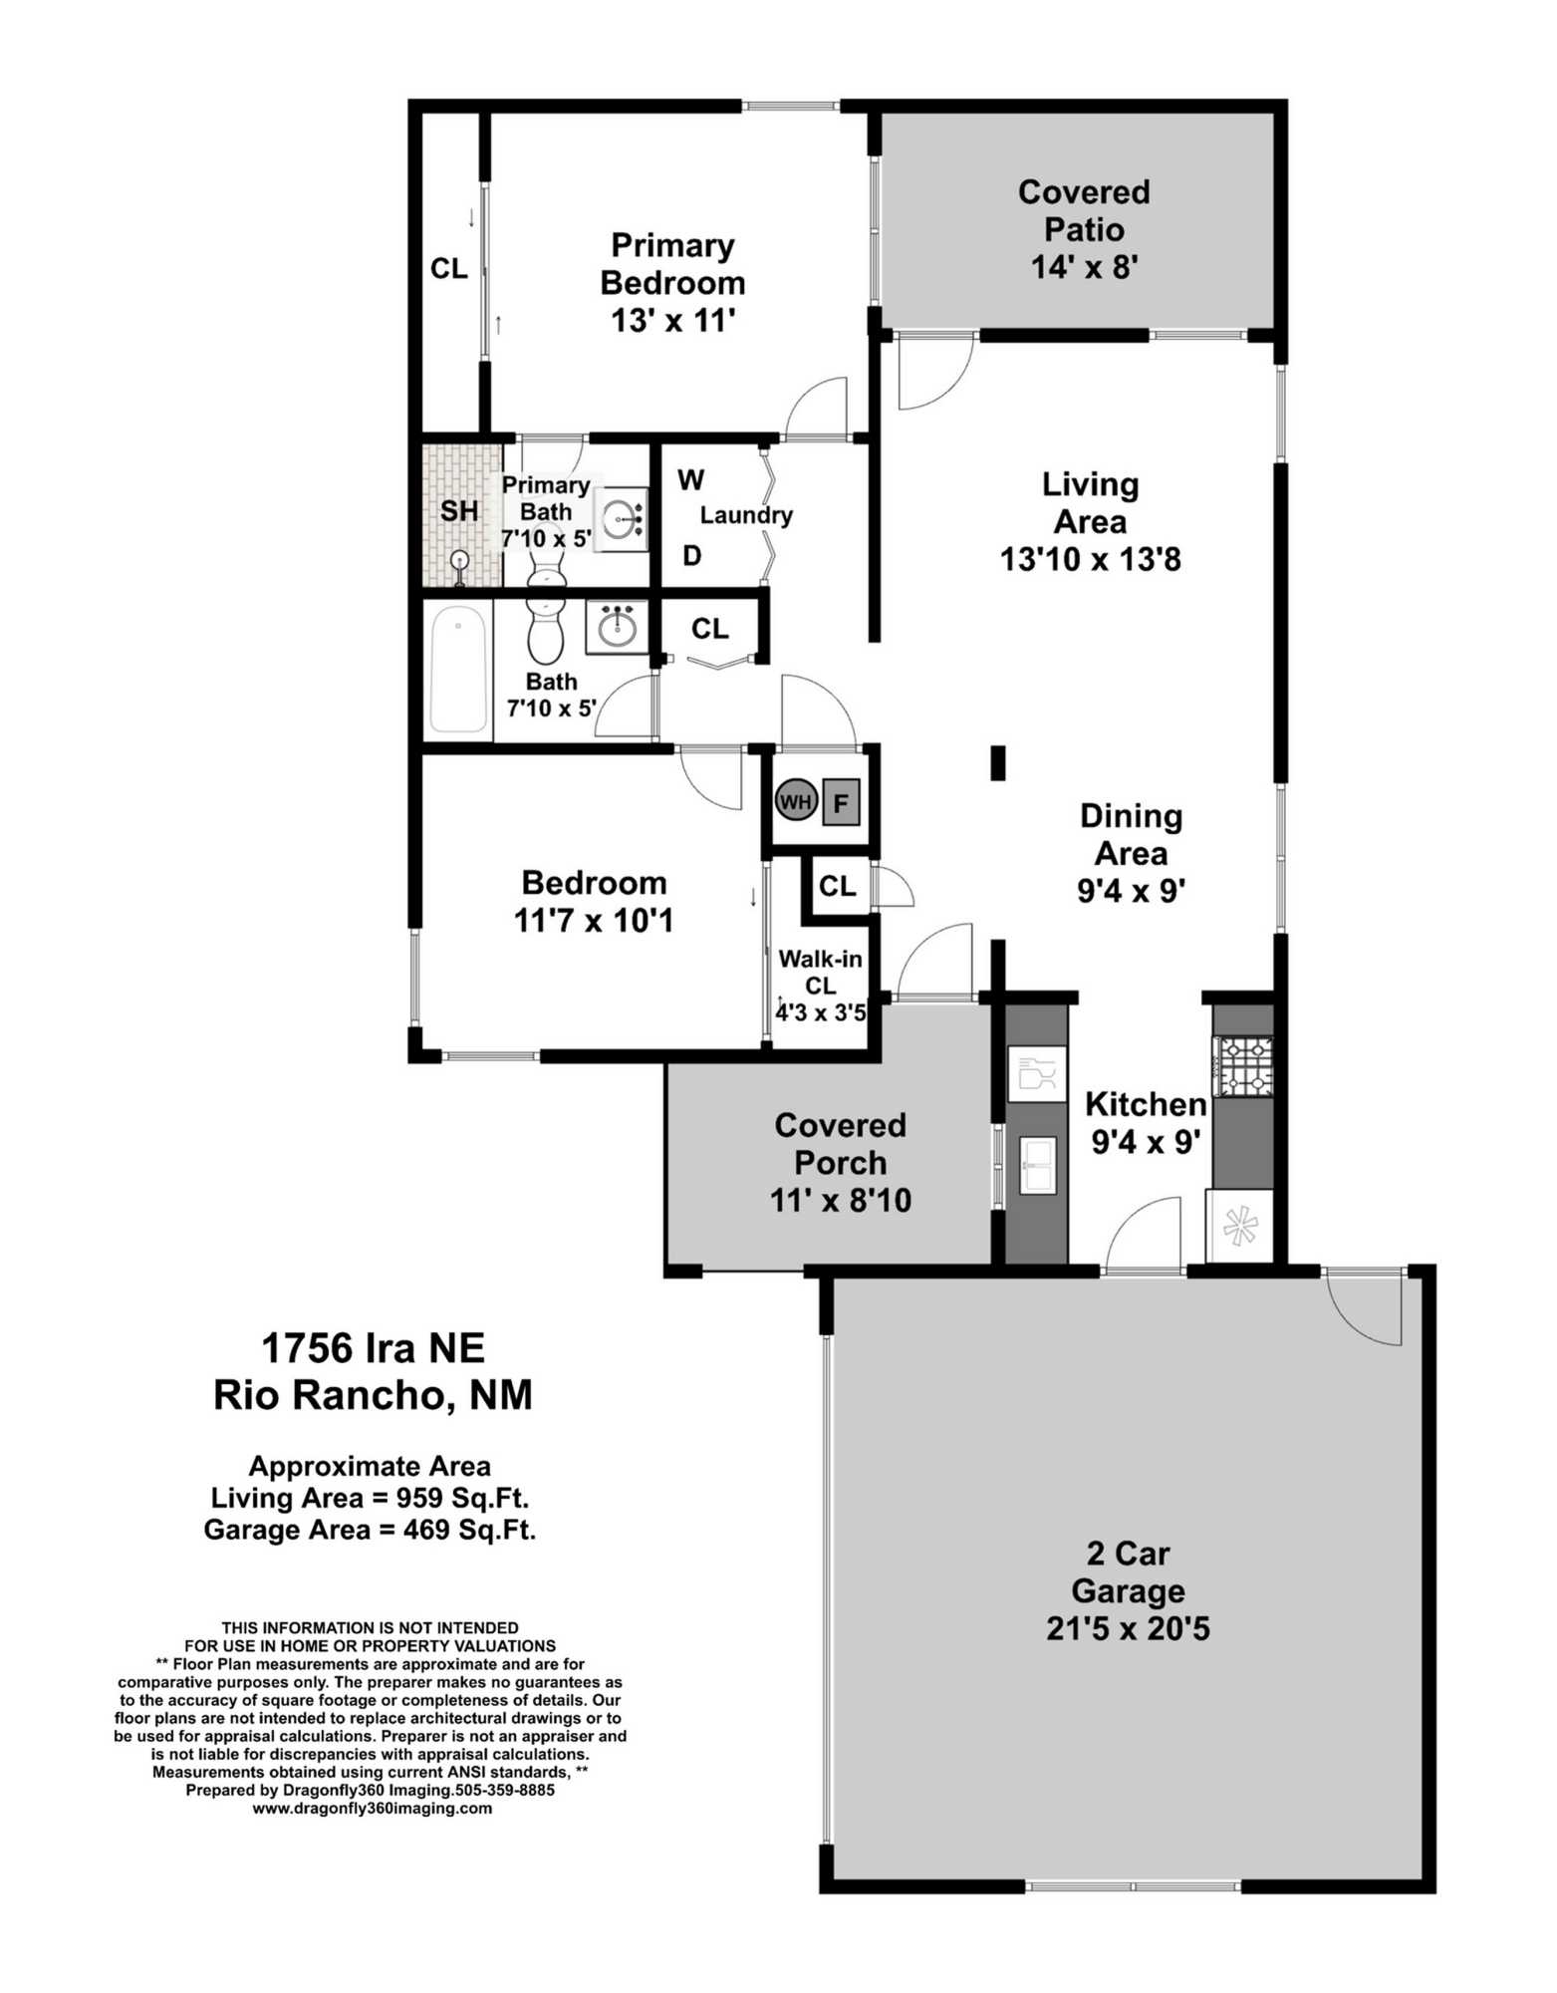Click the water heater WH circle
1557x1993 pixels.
795,800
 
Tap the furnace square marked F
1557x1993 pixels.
841,802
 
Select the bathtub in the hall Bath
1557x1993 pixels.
458,669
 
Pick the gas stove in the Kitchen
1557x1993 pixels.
1242,1065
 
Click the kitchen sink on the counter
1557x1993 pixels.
1037,1164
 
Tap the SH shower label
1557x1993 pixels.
459,511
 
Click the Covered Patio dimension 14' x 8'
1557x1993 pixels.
1084,267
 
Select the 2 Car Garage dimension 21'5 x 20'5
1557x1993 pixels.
1128,1629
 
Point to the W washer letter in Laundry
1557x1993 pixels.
691,480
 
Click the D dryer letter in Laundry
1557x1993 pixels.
692,556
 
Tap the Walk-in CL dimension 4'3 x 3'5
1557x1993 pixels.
821,1013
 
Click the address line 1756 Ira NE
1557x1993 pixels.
374,1348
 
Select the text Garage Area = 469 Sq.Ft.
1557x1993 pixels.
370,1530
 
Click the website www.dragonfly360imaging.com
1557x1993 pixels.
372,1809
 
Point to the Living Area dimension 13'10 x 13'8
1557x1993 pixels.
1091,559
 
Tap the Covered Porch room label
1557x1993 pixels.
841,1144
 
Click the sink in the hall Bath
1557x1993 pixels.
617,627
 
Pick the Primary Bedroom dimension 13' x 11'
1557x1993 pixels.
673,321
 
